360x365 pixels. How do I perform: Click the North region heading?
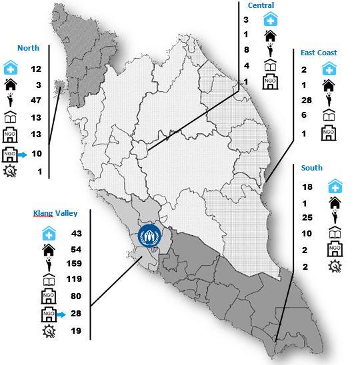(x=29, y=48)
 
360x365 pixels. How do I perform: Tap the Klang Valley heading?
(x=55, y=214)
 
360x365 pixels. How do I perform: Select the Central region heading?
(x=261, y=5)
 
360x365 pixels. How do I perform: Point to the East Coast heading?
(x=319, y=53)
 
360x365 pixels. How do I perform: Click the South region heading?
(x=311, y=169)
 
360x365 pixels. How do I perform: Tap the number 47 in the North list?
(x=36, y=101)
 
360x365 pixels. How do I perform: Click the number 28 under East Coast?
(x=307, y=101)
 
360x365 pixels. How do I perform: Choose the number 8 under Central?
(x=246, y=49)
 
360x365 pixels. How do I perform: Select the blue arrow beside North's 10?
(x=24, y=154)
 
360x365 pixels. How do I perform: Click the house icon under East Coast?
(x=328, y=85)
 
